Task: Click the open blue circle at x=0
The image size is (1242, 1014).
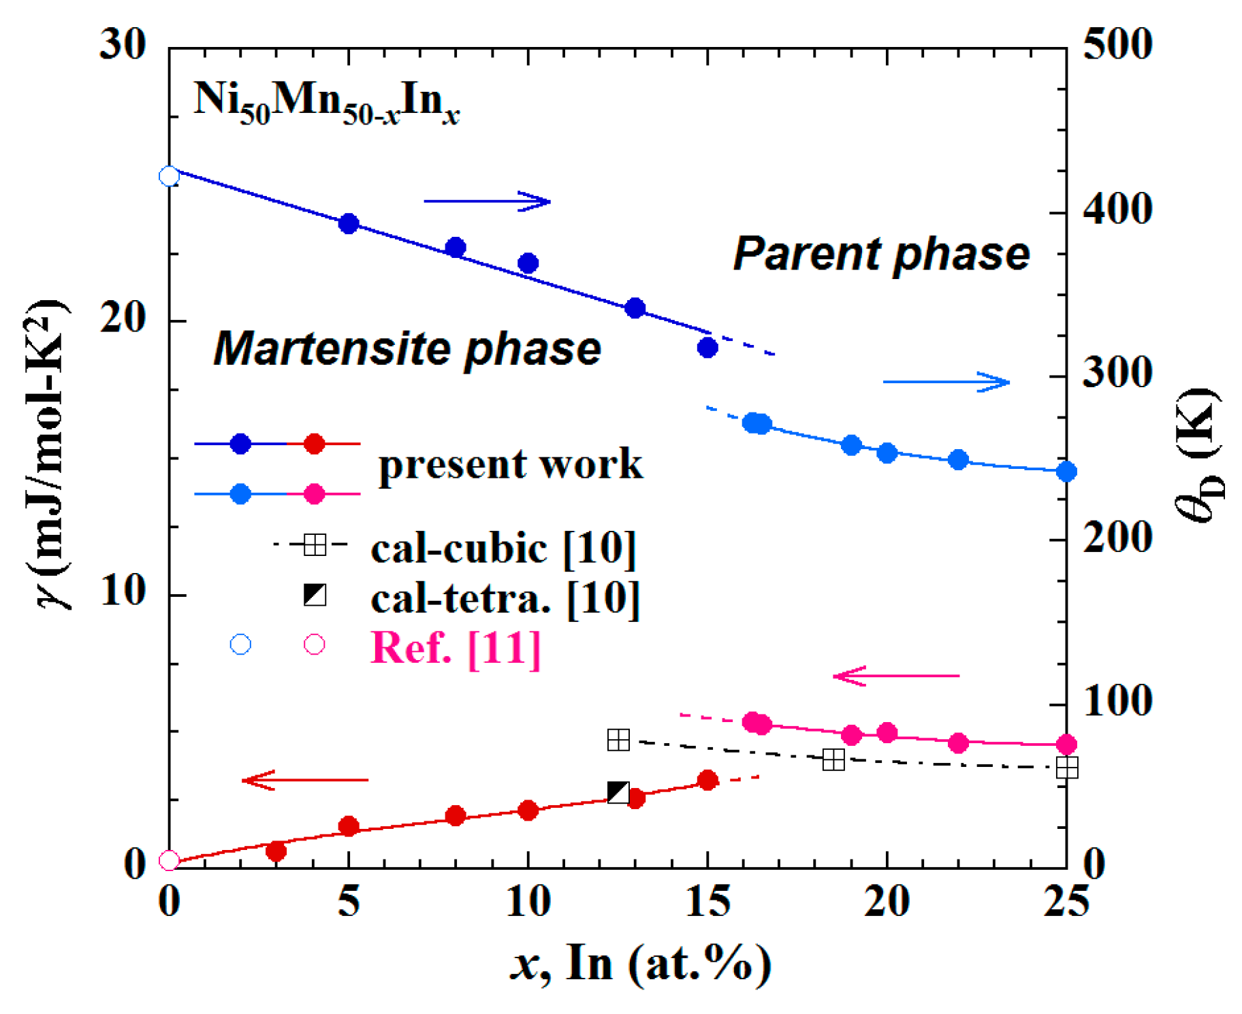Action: (x=169, y=176)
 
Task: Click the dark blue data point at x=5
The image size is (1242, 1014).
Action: (x=349, y=223)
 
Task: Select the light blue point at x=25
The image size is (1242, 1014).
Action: (x=1066, y=472)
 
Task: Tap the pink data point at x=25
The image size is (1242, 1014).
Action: (x=1066, y=745)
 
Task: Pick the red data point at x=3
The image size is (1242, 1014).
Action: (x=276, y=851)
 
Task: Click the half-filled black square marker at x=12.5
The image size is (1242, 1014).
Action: (x=618, y=792)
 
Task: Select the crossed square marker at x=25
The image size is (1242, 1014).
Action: (x=1066, y=768)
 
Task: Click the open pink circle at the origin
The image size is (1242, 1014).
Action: (x=169, y=861)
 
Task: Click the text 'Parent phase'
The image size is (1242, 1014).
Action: (x=881, y=254)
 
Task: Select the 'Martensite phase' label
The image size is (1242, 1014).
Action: (x=407, y=348)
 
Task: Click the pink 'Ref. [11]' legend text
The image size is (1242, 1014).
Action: (x=456, y=647)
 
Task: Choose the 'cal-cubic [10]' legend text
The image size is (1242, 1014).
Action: (x=503, y=547)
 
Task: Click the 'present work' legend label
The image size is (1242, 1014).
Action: (x=510, y=464)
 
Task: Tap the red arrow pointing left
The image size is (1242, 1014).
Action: (x=305, y=780)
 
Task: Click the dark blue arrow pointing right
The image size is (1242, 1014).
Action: (x=487, y=201)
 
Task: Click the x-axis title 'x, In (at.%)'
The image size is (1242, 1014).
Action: (x=641, y=964)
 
